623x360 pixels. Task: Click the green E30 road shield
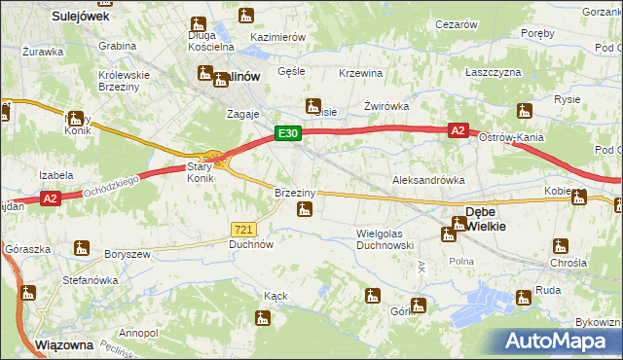pyautogui.click(x=286, y=134)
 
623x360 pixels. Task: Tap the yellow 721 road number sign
pyautogui.click(x=243, y=229)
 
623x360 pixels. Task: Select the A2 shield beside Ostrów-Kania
pyautogui.click(x=458, y=129)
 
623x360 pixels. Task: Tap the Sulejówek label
pyautogui.click(x=79, y=17)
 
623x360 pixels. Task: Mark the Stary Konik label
pyautogui.click(x=200, y=173)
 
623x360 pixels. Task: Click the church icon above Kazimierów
pyautogui.click(x=245, y=16)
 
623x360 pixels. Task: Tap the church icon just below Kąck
pyautogui.click(x=262, y=316)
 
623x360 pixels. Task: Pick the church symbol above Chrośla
pyautogui.click(x=560, y=246)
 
